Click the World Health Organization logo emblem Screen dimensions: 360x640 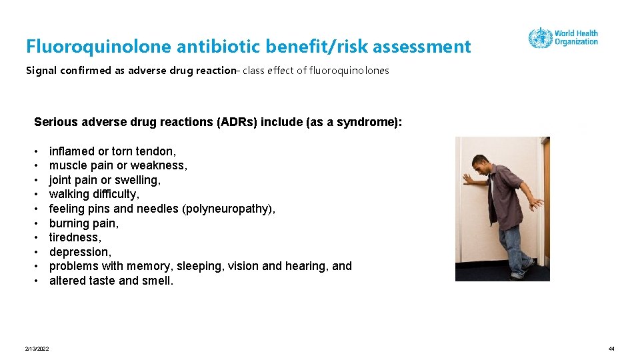540,37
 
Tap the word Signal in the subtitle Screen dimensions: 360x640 41,71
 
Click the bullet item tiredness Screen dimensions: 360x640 75,237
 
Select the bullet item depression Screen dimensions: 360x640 80,252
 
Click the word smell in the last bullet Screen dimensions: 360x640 158,281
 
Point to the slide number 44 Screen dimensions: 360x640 611,349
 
